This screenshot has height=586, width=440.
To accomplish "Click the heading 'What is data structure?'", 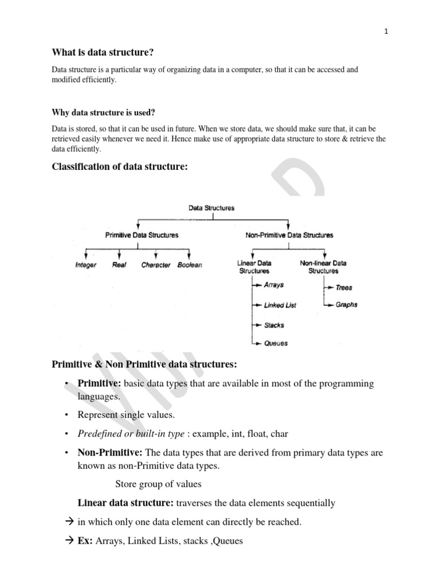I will (103, 53).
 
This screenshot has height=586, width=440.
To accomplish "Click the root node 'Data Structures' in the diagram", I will (211, 208).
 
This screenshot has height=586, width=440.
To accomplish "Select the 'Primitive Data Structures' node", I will (142, 235).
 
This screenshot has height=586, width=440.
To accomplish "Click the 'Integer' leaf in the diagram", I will (86, 265).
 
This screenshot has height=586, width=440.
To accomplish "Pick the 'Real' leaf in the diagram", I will (119, 265).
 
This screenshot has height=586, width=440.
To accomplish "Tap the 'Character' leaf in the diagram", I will (156, 265).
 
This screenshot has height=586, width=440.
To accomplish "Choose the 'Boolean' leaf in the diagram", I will (190, 265).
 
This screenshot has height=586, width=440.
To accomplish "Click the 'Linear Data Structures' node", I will (254, 267).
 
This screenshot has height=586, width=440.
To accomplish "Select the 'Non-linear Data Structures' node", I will (323, 267).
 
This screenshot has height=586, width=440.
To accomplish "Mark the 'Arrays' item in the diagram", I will (273, 284).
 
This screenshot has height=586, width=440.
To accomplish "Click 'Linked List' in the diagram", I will (280, 305).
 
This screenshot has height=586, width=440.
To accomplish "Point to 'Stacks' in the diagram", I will (274, 325).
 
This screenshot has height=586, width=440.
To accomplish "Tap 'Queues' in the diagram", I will (276, 343).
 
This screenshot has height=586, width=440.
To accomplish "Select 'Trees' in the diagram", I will (344, 287).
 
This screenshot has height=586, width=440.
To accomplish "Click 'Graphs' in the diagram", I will (346, 304).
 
